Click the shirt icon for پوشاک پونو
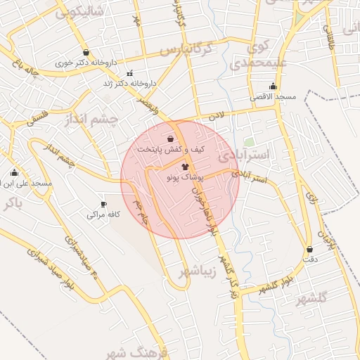[x=185, y=167]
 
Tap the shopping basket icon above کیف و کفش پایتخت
[x=171, y=139]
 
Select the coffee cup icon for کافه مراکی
[x=104, y=204]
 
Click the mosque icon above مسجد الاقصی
[x=273, y=86]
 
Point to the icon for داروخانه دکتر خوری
[x=86, y=52]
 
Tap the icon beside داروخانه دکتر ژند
[x=129, y=74]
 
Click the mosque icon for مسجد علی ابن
[x=14, y=173]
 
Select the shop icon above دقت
[x=309, y=249]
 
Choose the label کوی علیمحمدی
[x=259, y=56]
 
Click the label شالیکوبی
[x=79, y=11]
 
